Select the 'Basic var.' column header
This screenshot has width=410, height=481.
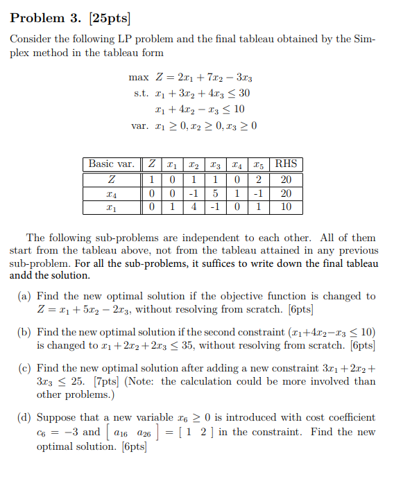click(x=111, y=164)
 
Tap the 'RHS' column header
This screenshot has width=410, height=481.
click(x=286, y=164)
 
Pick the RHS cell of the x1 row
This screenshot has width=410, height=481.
click(x=286, y=207)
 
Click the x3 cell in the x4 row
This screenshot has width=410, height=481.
click(x=216, y=193)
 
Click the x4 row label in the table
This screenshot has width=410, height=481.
click(x=111, y=193)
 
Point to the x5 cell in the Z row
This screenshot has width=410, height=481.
click(x=258, y=179)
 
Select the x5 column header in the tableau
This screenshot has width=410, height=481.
click(x=258, y=165)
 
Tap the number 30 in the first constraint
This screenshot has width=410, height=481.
click(x=243, y=93)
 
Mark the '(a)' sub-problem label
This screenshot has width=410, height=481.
click(x=24, y=296)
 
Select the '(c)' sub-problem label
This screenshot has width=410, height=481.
click(x=24, y=367)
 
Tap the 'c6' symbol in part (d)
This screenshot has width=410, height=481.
click(x=42, y=432)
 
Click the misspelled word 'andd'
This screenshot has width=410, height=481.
click(x=22, y=275)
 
